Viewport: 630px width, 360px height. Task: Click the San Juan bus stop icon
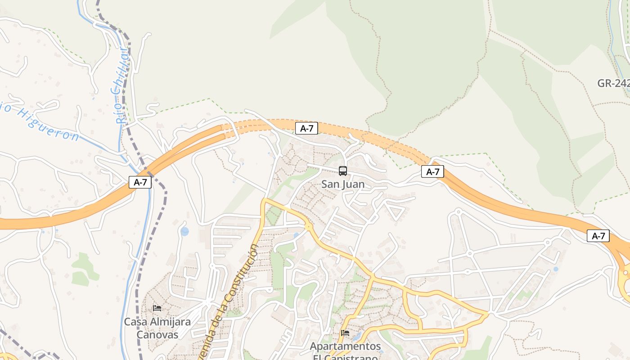(343, 171)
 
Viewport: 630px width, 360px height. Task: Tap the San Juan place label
(343, 184)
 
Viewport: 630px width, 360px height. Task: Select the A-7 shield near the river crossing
(140, 182)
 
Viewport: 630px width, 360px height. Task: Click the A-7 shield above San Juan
(306, 128)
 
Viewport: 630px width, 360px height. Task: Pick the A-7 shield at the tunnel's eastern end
(432, 171)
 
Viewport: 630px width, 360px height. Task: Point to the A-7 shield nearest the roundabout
(598, 236)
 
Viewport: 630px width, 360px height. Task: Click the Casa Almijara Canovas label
(157, 328)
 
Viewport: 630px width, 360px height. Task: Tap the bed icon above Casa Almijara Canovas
(157, 308)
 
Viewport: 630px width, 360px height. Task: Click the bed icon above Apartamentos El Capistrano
(345, 333)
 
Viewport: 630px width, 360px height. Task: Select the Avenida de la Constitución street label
(229, 301)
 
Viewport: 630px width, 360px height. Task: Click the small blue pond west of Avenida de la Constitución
(184, 232)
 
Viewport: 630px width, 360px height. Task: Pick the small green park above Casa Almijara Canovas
(83, 268)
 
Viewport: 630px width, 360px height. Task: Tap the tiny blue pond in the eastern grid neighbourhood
(555, 269)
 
